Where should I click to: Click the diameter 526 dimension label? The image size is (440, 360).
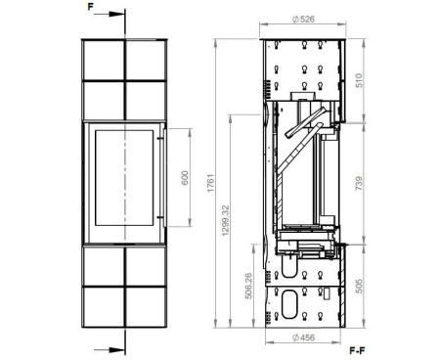pyautogui.click(x=303, y=20)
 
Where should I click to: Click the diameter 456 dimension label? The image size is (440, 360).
pyautogui.click(x=303, y=337)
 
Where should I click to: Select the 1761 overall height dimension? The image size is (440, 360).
pyautogui.click(x=211, y=183)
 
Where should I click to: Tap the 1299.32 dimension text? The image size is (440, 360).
pyautogui.click(x=225, y=220)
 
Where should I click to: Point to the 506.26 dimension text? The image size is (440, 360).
pyautogui.click(x=248, y=286)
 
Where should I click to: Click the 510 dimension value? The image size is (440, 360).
pyautogui.click(x=358, y=80)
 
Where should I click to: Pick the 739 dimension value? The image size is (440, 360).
pyautogui.click(x=358, y=183)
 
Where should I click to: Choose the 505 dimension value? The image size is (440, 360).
pyautogui.click(x=358, y=286)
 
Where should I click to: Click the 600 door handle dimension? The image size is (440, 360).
pyautogui.click(x=185, y=178)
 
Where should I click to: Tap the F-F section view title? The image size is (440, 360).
pyautogui.click(x=357, y=351)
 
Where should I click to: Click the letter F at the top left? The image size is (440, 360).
pyautogui.click(x=91, y=7)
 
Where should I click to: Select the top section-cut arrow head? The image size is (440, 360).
pyautogui.click(x=116, y=14)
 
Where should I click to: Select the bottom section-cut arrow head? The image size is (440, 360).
pyautogui.click(x=116, y=350)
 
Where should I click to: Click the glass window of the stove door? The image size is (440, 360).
pyautogui.click(x=124, y=178)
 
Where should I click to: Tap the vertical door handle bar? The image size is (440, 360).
pyautogui.click(x=165, y=178)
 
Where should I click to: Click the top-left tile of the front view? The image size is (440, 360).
pyautogui.click(x=104, y=60)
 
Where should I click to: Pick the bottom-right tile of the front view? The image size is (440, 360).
pyautogui.click(x=146, y=306)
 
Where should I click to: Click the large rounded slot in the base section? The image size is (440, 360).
pyautogui.click(x=289, y=304)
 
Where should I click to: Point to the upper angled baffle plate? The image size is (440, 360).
pyautogui.click(x=305, y=122)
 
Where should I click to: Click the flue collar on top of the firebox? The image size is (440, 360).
pyautogui.click(x=303, y=96)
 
